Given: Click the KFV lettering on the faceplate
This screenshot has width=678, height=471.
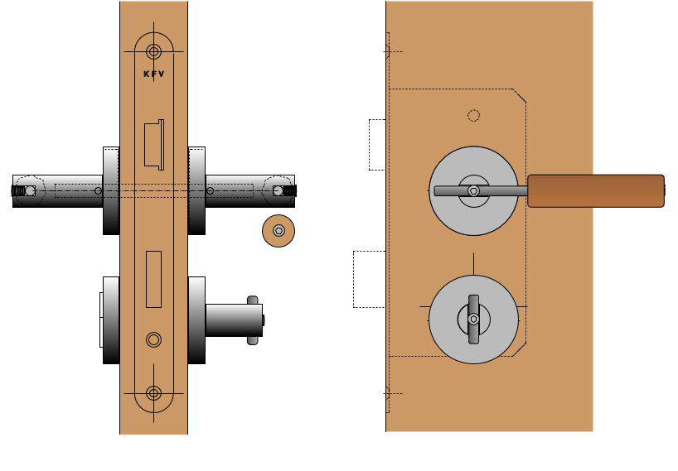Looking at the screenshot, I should (153, 74).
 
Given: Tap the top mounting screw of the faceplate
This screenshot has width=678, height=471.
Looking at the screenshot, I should (153, 51).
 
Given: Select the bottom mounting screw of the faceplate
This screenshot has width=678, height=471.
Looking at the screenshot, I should (153, 393).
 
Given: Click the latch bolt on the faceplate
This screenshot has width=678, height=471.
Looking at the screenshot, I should (154, 144).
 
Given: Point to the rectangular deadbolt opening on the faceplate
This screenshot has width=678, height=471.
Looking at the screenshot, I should (153, 278).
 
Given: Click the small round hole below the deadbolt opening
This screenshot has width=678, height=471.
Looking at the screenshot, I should (153, 339).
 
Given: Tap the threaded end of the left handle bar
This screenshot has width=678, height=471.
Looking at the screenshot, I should (17, 191).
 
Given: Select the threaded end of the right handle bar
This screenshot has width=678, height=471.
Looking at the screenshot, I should (290, 191).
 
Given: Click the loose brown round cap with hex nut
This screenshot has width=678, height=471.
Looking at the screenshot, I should (278, 231).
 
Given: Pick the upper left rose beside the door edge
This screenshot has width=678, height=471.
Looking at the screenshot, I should (111, 190).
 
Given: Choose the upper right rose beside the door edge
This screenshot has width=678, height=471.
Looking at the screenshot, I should (196, 190).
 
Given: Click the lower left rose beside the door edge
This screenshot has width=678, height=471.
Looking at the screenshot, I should (111, 320).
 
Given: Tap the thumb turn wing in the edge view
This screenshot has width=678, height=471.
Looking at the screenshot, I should (253, 320).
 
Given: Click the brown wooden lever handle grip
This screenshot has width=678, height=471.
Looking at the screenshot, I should (596, 190).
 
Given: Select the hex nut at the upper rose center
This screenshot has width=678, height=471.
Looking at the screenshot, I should (473, 190).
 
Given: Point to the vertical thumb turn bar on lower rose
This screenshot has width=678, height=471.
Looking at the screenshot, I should (473, 319).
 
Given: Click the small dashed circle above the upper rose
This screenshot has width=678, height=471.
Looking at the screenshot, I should (473, 115).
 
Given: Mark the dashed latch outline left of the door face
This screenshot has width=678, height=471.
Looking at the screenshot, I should (377, 145).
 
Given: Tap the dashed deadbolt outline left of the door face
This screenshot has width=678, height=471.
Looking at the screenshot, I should (369, 279).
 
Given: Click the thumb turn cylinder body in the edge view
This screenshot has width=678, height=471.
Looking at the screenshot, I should (232, 320).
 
